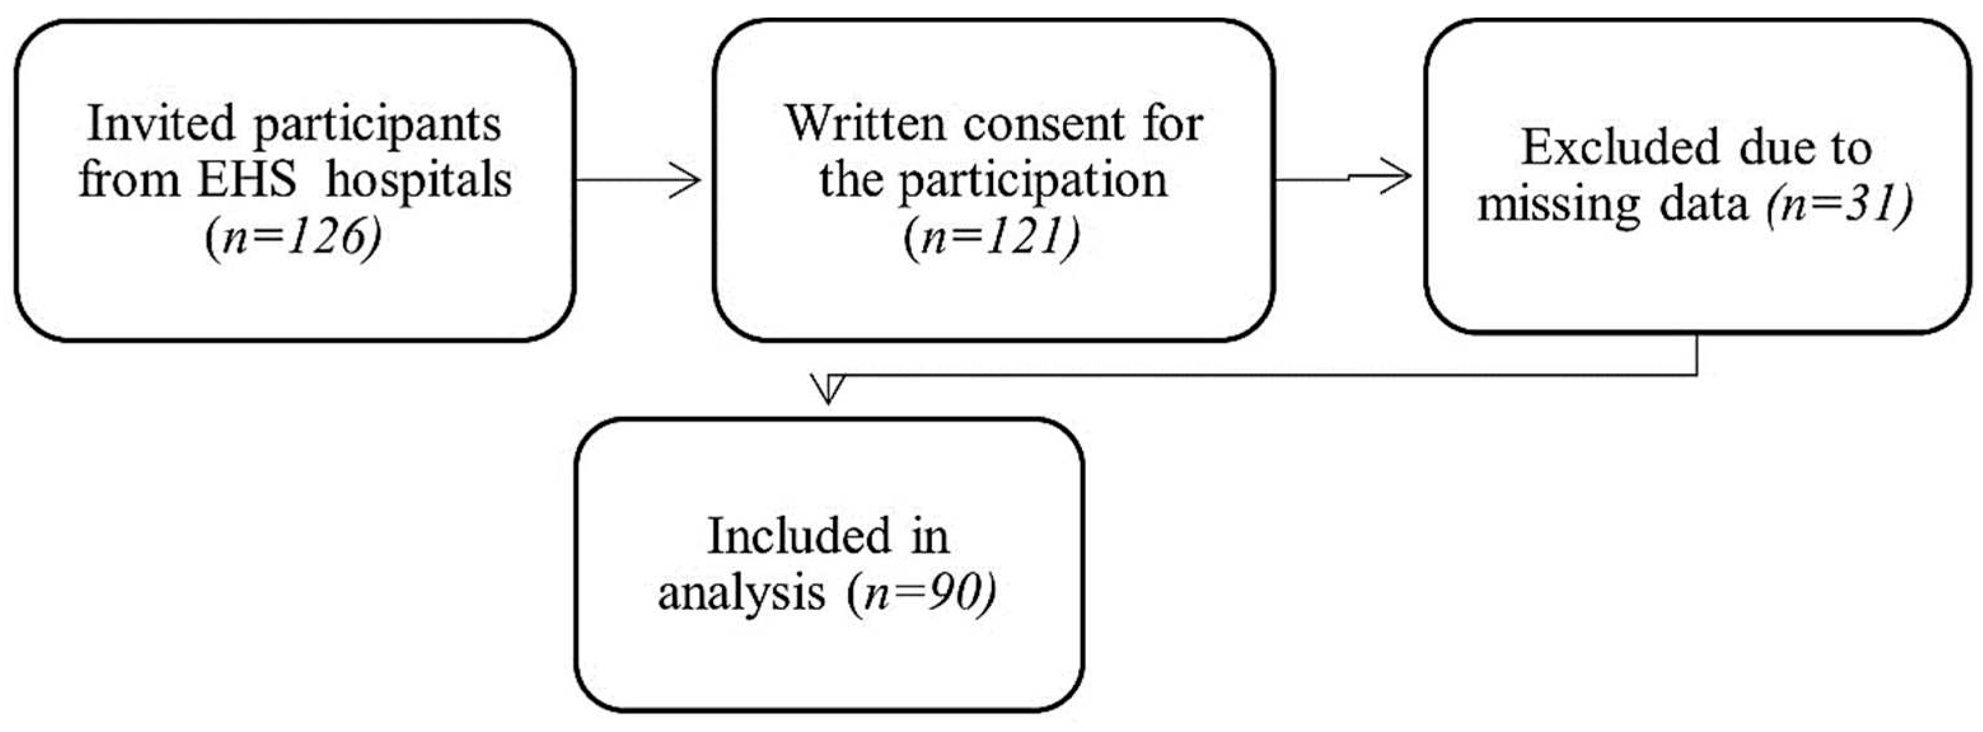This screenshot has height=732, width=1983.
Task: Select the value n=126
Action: tap(294, 240)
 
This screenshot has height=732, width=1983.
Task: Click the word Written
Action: tap(865, 123)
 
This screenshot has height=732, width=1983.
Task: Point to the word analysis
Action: tap(741, 595)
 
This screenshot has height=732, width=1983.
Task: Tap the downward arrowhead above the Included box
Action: tap(828, 390)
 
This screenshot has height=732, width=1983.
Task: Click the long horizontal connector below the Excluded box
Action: tap(1270, 376)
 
